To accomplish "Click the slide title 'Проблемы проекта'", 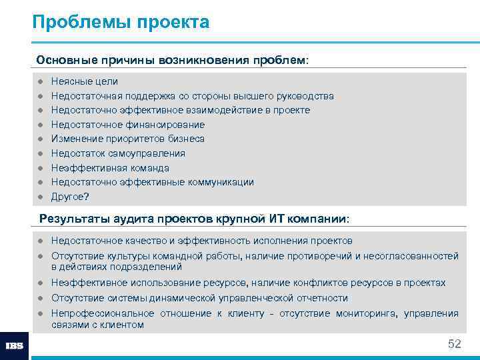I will pyautogui.click(x=121, y=23).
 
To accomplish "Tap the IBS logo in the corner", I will pyautogui.click(x=15, y=345).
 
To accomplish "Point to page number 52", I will pyautogui.click(x=454, y=343).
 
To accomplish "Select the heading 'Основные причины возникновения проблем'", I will pyautogui.click(x=173, y=60).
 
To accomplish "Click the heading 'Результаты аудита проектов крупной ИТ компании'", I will pyautogui.click(x=194, y=219).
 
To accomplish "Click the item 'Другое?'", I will pyautogui.click(x=70, y=197).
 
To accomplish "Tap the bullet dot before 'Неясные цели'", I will pyautogui.click(x=40, y=81).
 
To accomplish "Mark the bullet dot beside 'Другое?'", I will pyautogui.click(x=40, y=197).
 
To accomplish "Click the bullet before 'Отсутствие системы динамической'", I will pyautogui.click(x=40, y=298).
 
